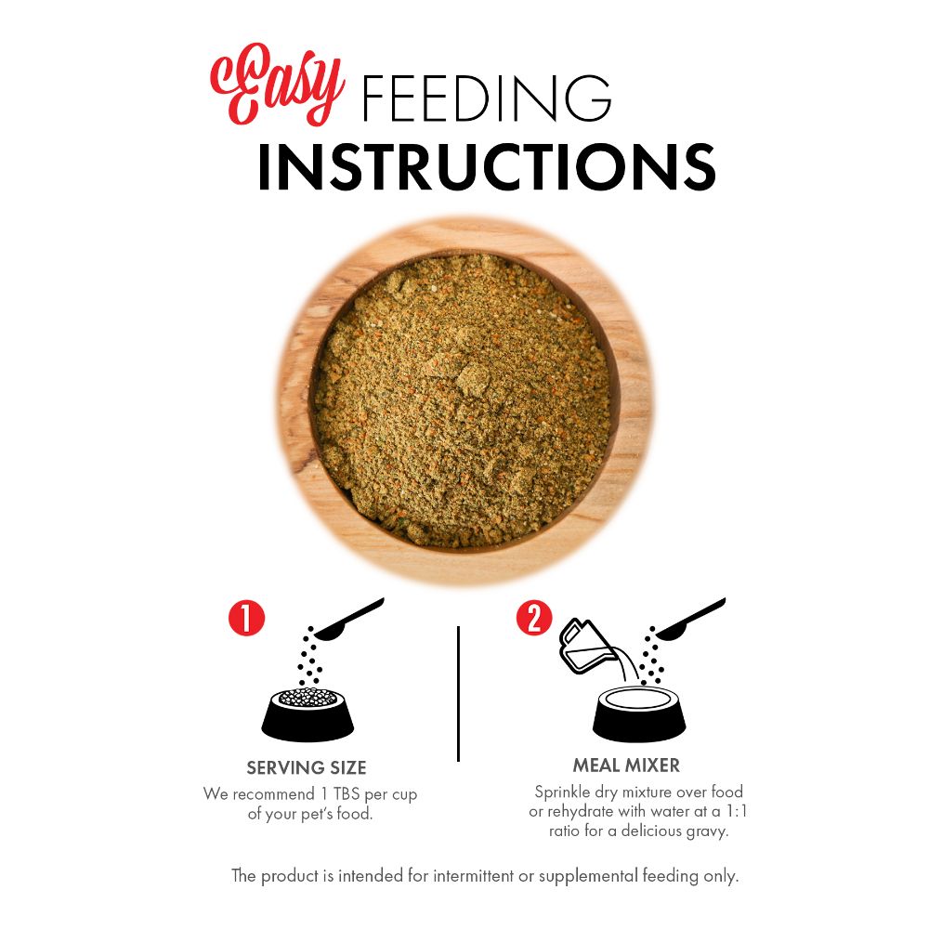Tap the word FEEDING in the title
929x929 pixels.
[x=486, y=98]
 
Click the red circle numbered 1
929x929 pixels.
[x=246, y=618]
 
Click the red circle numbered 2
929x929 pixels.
[x=534, y=618]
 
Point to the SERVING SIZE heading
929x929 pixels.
[x=307, y=768]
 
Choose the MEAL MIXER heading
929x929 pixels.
[x=626, y=765]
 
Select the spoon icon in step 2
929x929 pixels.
[x=689, y=619]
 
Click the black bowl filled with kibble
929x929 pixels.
[x=307, y=713]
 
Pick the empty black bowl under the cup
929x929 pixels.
[x=639, y=713]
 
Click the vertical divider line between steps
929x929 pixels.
[x=459, y=693]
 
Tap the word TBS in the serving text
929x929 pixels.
[x=347, y=793]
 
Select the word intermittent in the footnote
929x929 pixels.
[x=473, y=876]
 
